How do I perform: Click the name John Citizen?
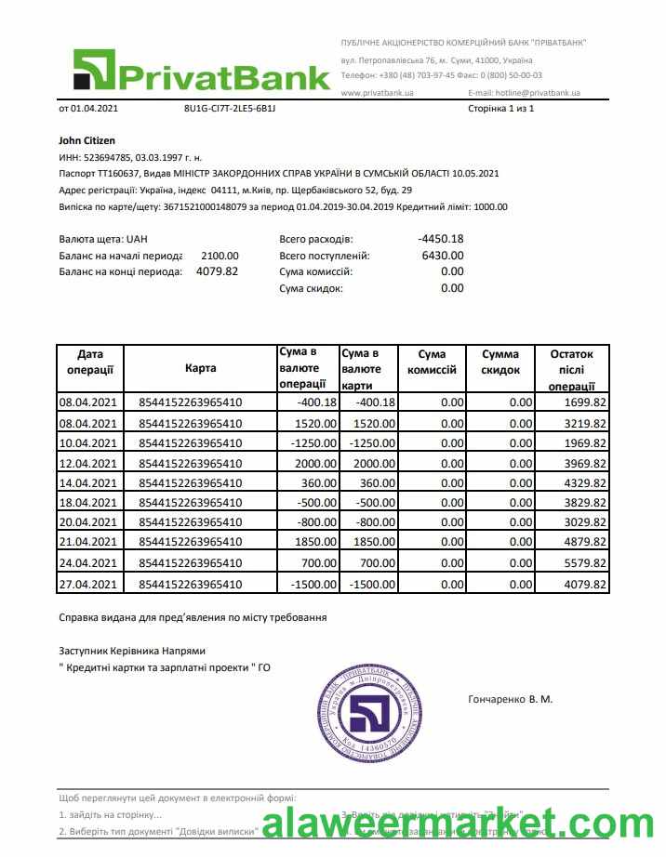click(x=87, y=140)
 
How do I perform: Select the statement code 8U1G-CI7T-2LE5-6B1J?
click(x=230, y=109)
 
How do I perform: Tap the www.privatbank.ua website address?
click(x=377, y=93)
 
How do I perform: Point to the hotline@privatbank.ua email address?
click(x=525, y=93)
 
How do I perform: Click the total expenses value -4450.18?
click(x=440, y=239)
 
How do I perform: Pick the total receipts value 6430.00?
click(x=442, y=256)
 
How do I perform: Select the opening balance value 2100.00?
click(x=220, y=256)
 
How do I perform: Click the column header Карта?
click(x=200, y=368)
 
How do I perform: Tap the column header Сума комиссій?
click(x=432, y=362)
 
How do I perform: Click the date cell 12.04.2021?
click(x=88, y=463)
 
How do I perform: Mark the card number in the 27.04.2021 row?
click(x=190, y=585)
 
